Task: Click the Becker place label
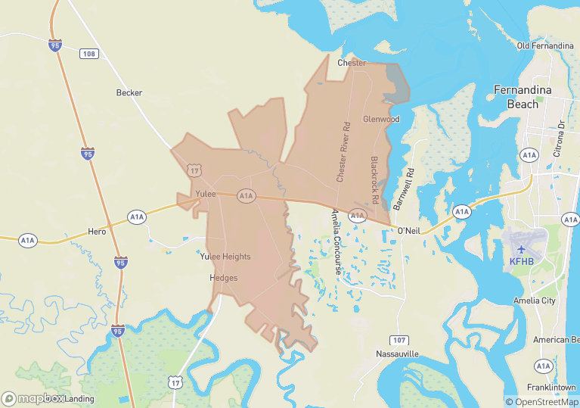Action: click(129, 93)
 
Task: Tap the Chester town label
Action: click(352, 63)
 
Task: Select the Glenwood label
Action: click(380, 120)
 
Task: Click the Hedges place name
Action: click(223, 279)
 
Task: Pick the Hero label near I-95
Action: click(97, 232)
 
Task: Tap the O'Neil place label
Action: click(408, 230)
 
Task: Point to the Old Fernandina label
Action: click(544, 46)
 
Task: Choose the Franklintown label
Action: click(551, 388)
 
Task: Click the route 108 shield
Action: click(89, 54)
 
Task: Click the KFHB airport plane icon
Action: click(521, 248)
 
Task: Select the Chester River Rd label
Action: click(343, 151)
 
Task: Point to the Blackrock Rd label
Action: click(374, 179)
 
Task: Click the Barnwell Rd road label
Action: click(404, 188)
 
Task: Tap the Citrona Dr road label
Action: click(561, 134)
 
